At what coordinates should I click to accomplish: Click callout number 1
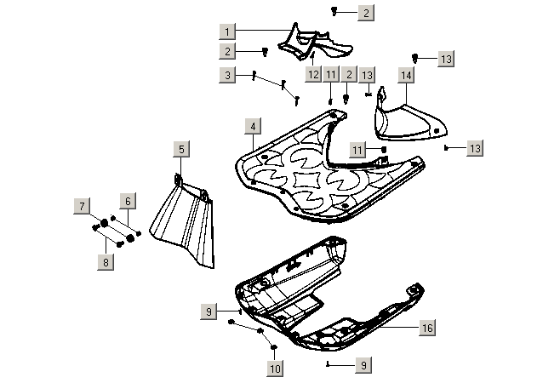226,31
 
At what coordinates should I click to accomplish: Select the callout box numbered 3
226,76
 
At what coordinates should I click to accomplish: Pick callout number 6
127,201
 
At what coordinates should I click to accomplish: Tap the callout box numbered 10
274,369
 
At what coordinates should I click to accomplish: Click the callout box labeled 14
406,76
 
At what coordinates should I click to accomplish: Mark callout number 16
427,327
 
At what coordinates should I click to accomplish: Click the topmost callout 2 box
365,13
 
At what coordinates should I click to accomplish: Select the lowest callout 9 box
363,364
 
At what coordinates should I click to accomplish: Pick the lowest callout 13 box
474,148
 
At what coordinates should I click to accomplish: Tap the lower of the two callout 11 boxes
358,150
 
